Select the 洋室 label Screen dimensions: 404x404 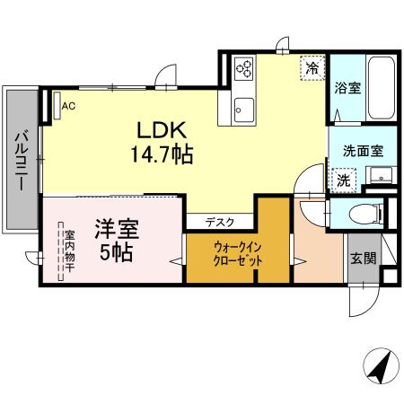click(115, 228)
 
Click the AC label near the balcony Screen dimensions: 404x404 click(68, 105)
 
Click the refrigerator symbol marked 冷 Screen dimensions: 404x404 click(312, 67)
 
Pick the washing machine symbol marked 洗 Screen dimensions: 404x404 click(344, 179)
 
